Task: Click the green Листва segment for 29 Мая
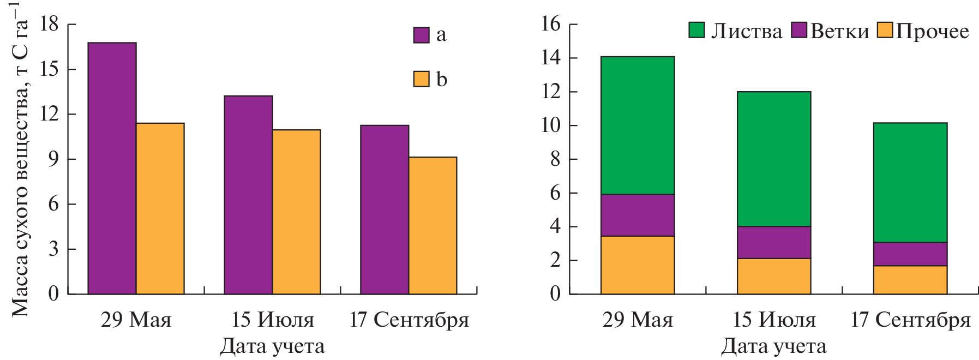click(638, 125)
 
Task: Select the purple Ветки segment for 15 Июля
click(774, 242)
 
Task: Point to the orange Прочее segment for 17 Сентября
click(910, 280)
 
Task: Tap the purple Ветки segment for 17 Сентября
click(910, 254)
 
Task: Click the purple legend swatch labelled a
click(421, 35)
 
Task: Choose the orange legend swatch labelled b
click(421, 79)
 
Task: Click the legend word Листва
click(746, 31)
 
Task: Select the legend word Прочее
click(932, 31)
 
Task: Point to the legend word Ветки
click(839, 31)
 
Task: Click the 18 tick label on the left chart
click(49, 24)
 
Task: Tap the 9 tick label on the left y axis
click(53, 159)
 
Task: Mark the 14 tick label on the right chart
click(551, 58)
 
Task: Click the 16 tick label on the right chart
click(551, 24)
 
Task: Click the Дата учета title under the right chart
click(773, 346)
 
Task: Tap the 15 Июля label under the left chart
click(273, 320)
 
